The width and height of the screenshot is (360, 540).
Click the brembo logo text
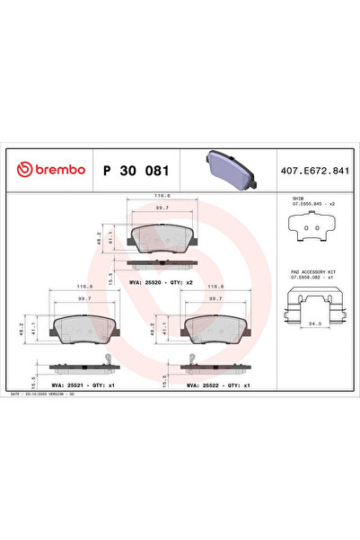pyautogui.click(x=54, y=169)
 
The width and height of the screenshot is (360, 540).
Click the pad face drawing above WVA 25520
pyautogui.click(x=162, y=238)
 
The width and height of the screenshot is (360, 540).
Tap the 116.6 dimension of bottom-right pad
pyautogui.click(x=215, y=288)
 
